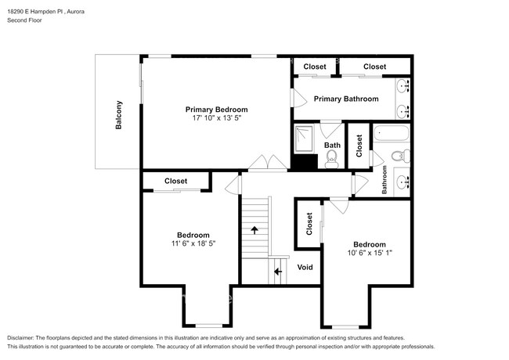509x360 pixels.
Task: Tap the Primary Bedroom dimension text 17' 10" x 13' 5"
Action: pyautogui.click(x=216, y=118)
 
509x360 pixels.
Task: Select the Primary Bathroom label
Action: pyautogui.click(x=346, y=99)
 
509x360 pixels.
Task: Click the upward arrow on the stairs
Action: pyautogui.click(x=254, y=229)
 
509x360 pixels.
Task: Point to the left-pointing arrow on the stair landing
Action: pyautogui.click(x=278, y=272)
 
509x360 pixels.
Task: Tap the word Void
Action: pyautogui.click(x=305, y=267)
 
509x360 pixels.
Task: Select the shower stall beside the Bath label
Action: pyautogui.click(x=304, y=139)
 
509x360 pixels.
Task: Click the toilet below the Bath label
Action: pyautogui.click(x=331, y=160)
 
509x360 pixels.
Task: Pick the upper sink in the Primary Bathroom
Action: pyautogui.click(x=402, y=86)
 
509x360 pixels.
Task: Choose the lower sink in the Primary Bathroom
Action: pyautogui.click(x=402, y=110)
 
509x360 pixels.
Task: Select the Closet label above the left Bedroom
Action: pyautogui.click(x=175, y=181)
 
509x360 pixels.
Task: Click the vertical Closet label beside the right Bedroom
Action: pyautogui.click(x=309, y=224)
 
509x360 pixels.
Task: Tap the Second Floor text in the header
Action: pyautogui.click(x=25, y=20)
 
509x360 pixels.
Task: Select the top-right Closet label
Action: pyautogui.click(x=374, y=67)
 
